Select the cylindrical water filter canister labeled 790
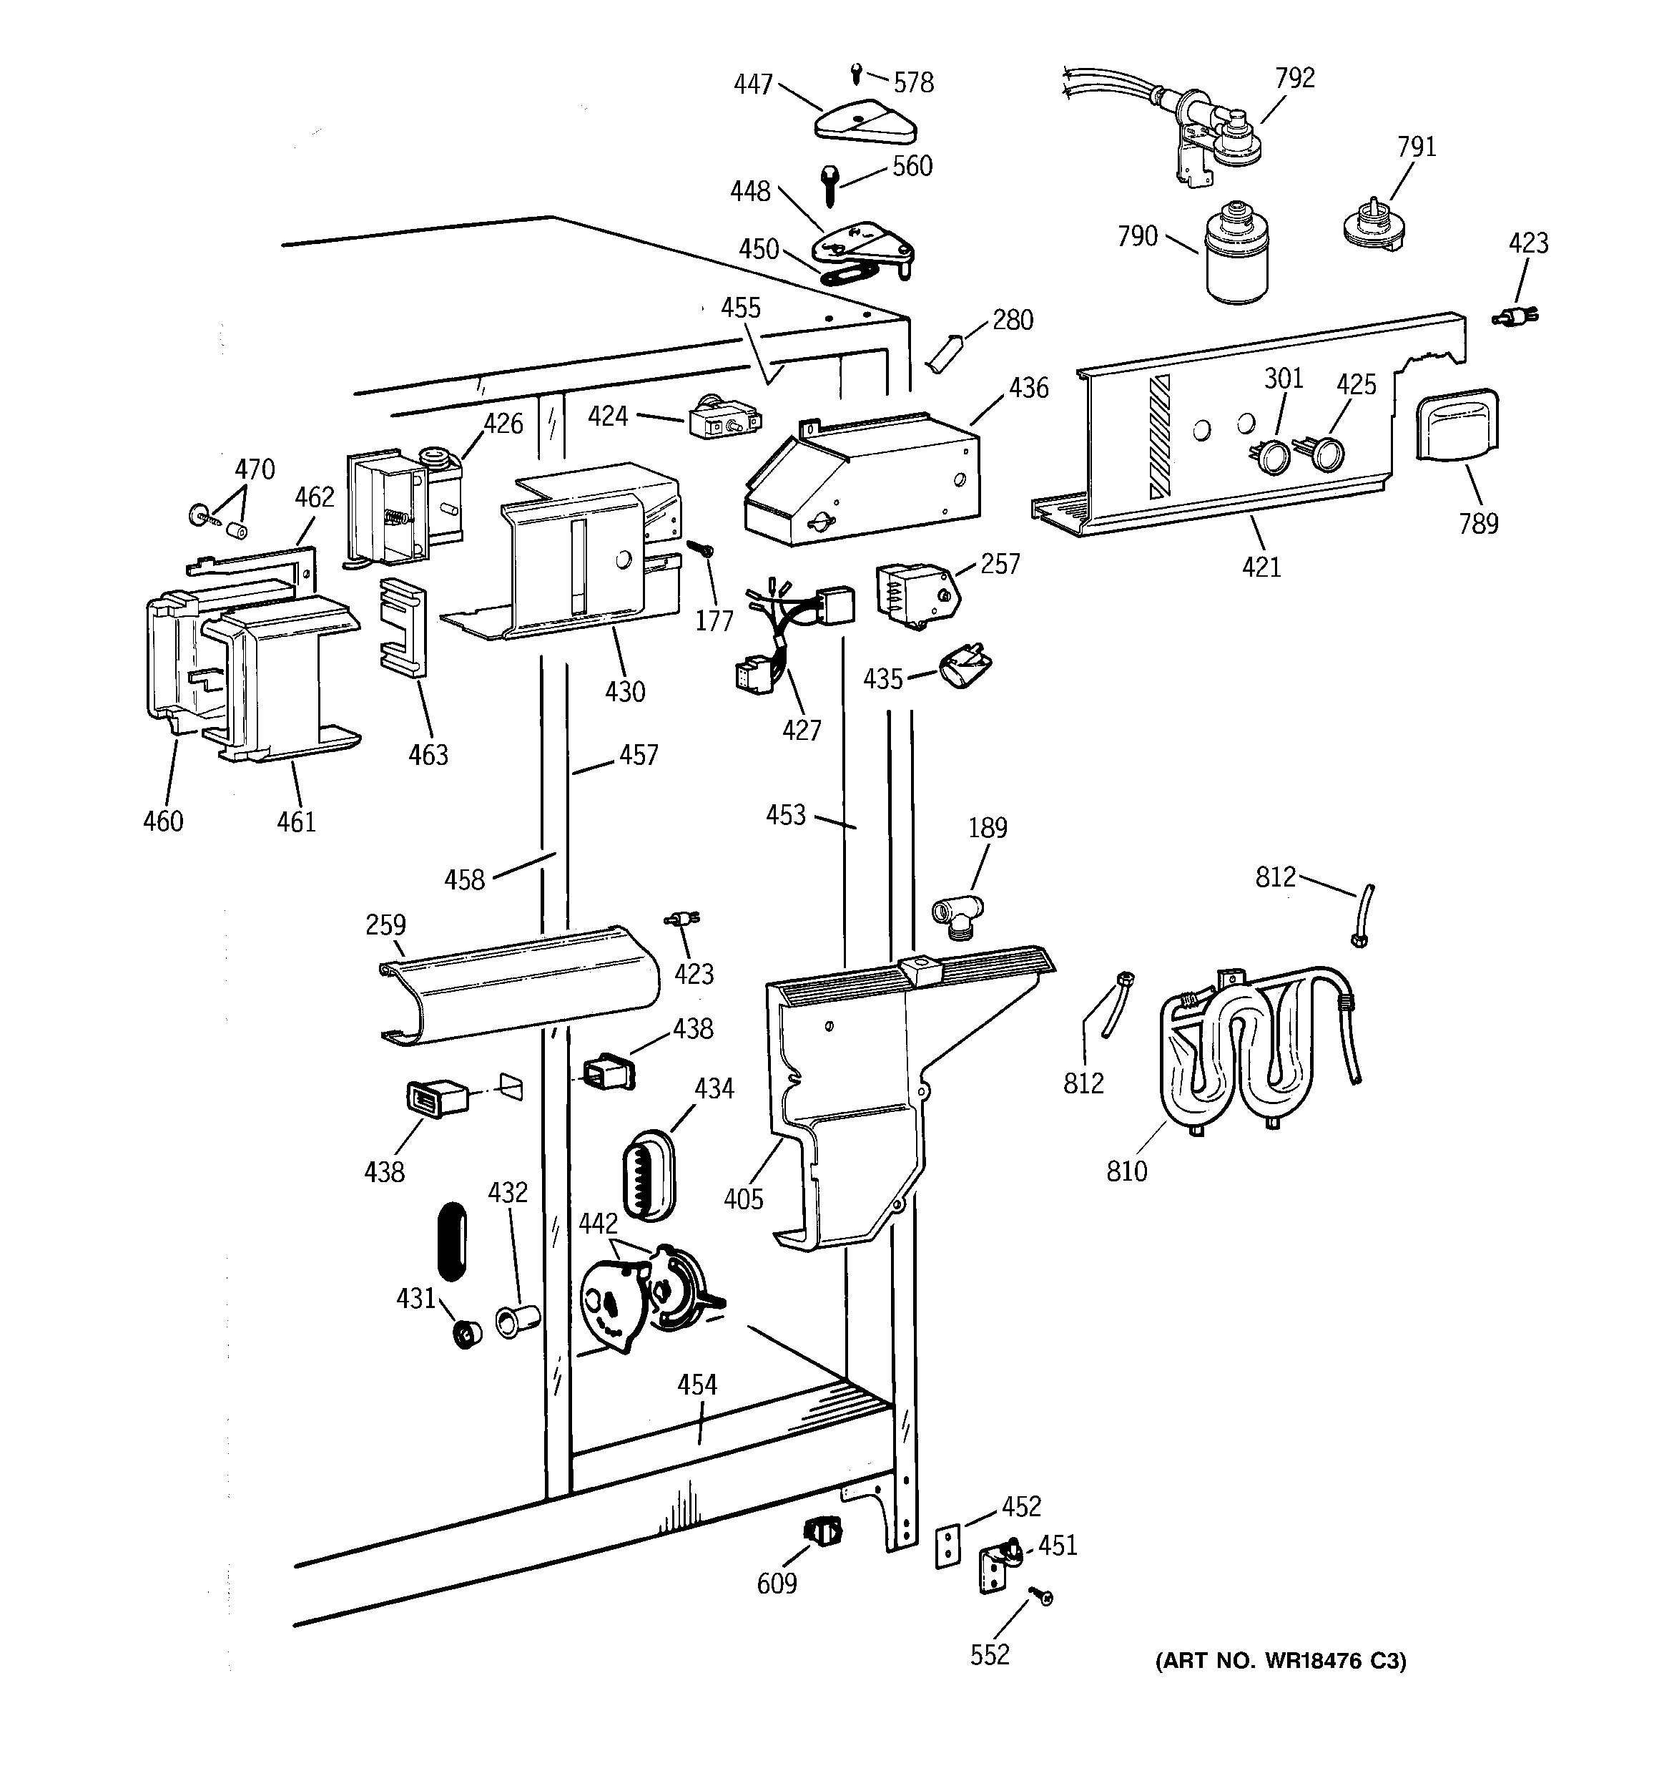(x=1238, y=255)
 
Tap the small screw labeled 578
(x=857, y=72)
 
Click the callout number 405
(x=743, y=1199)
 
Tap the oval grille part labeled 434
(x=647, y=1175)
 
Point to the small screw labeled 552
(x=1041, y=1596)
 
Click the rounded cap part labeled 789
(x=1457, y=425)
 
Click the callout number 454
(x=696, y=1385)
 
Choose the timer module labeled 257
(x=917, y=593)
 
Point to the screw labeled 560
(x=828, y=185)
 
